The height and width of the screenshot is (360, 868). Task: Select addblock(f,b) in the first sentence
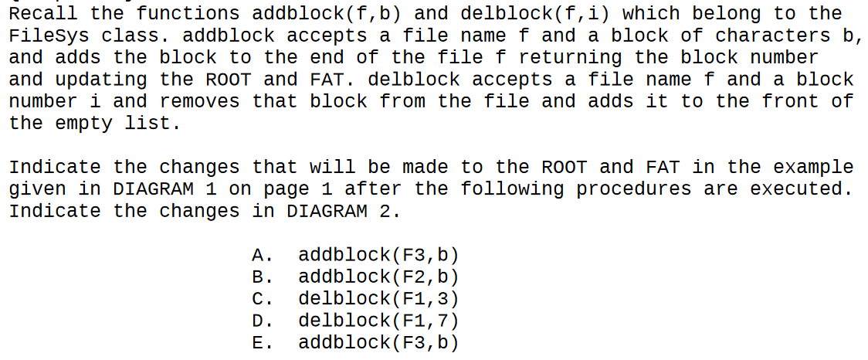333,14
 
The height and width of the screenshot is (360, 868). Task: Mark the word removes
205,100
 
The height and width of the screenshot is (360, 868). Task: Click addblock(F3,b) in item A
378,255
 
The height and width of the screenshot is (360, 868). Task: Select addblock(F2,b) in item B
378,277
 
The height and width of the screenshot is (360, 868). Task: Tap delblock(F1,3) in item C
378,298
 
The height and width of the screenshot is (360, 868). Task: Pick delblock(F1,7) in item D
378,320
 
